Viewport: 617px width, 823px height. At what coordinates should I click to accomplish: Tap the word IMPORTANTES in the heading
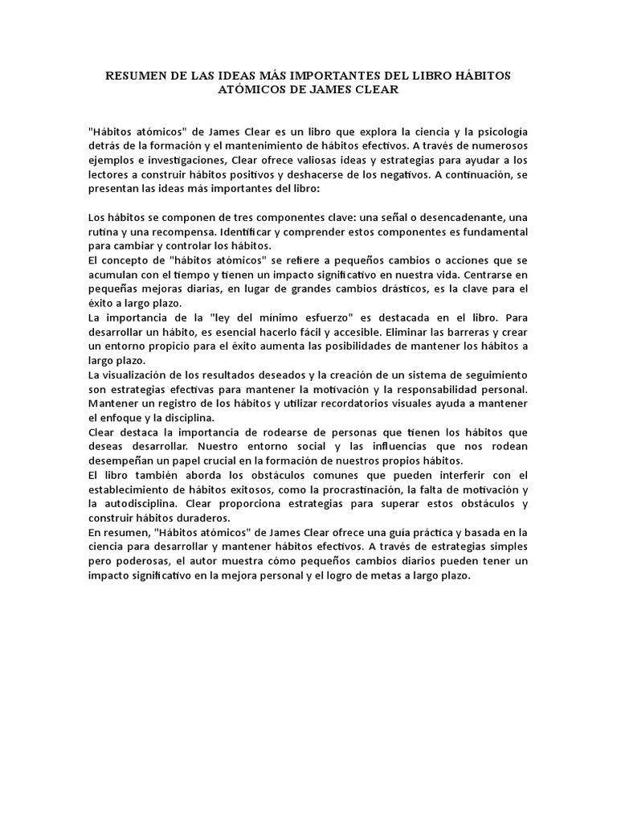coord(341,76)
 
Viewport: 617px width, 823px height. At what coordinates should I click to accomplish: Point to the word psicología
coord(501,131)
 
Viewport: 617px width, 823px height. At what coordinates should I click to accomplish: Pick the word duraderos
coord(183,518)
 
